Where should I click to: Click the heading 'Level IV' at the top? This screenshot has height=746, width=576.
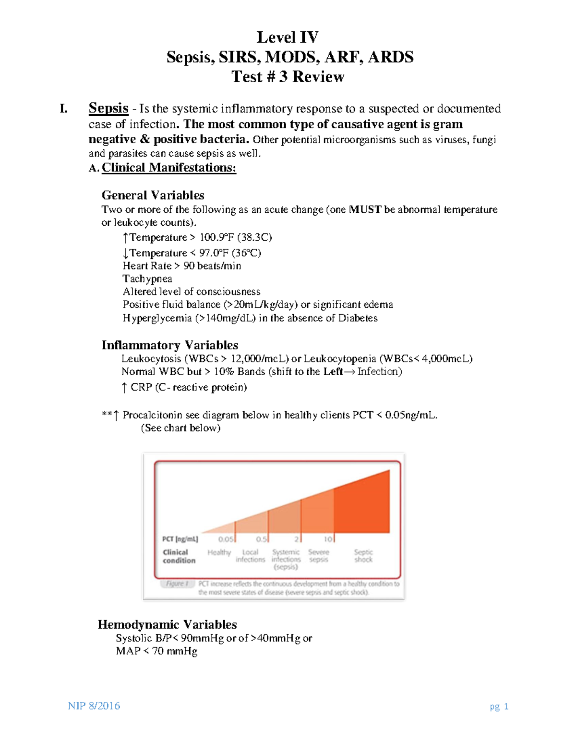(288, 37)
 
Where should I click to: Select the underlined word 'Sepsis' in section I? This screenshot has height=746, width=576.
(108, 108)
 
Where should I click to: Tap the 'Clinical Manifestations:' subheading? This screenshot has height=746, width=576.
(168, 168)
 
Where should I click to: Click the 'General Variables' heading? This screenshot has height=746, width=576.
(153, 195)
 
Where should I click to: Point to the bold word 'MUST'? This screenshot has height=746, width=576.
(365, 209)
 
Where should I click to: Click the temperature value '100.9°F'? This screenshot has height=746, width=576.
(216, 237)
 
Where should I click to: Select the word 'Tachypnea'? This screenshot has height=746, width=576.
(147, 279)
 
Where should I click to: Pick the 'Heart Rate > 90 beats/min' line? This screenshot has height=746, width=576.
(182, 266)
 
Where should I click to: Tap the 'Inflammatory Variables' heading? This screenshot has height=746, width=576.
(170, 345)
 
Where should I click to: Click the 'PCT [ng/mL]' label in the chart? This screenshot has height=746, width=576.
(180, 539)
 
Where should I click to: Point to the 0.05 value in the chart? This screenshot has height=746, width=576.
(226, 539)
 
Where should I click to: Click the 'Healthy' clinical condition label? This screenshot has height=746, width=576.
(219, 552)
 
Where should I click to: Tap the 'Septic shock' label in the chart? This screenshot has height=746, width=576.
(363, 556)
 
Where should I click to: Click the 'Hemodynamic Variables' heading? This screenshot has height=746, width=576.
(167, 624)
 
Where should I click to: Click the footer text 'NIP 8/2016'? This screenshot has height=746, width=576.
(94, 706)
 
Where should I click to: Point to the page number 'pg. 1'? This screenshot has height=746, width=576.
(499, 706)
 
